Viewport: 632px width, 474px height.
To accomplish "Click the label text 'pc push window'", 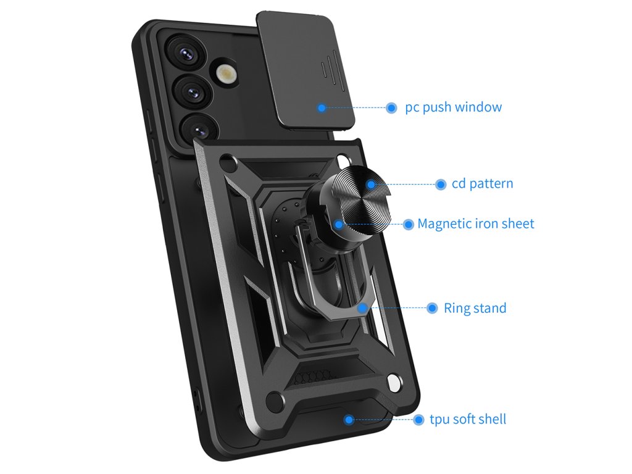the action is coord(453,107).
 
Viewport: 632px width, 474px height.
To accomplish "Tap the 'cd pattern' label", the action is coord(482,184).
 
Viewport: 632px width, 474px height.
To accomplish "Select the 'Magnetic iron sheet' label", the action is coord(476,223).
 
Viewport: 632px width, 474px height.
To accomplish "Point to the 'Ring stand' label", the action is coord(475,308).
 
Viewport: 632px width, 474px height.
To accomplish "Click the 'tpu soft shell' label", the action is coord(468,420).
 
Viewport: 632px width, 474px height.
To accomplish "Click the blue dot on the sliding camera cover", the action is coord(322,107).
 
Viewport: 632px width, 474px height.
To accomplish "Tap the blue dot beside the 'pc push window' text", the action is coord(391,107).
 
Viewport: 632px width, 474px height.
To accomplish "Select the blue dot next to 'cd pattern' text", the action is coord(441,184).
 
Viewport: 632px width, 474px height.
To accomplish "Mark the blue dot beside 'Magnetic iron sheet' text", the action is coord(408,224).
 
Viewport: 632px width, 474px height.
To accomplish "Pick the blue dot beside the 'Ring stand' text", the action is coord(432,308).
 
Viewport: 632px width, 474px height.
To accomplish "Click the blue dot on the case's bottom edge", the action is coord(349,420).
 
